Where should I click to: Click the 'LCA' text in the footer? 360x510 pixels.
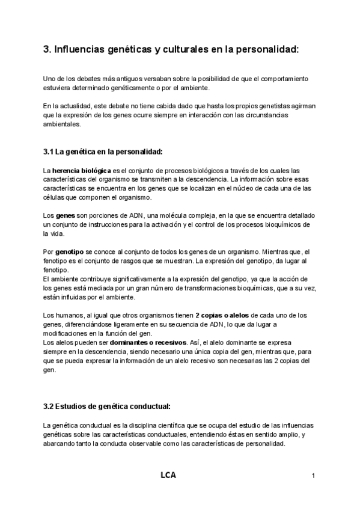pyautogui.click(x=168, y=476)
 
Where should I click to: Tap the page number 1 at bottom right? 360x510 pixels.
pyautogui.click(x=314, y=477)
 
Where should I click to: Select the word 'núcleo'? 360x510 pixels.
pyautogui.click(x=245, y=188)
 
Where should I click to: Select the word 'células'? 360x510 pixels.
pyautogui.click(x=54, y=198)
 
